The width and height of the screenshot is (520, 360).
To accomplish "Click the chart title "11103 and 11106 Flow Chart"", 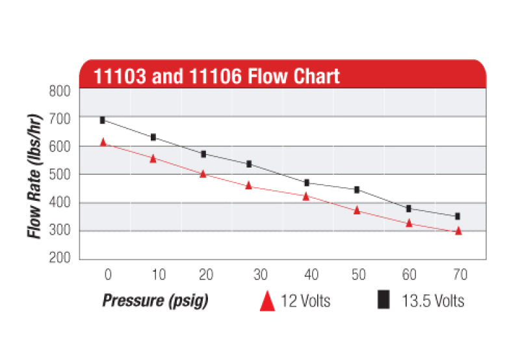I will pyautogui.click(x=216, y=75).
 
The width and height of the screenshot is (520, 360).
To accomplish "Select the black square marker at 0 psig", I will pyautogui.click(x=103, y=120).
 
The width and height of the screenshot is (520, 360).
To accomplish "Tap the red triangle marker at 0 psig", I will pyautogui.click(x=103, y=142).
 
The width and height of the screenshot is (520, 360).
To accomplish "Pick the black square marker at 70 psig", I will pyautogui.click(x=458, y=216).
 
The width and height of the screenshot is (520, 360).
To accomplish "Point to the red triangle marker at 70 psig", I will pyautogui.click(x=458, y=231).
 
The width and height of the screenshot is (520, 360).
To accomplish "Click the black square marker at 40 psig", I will pyautogui.click(x=306, y=183).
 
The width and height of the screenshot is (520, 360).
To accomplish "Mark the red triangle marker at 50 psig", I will pyautogui.click(x=357, y=211).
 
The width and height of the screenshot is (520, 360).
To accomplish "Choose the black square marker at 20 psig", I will pyautogui.click(x=203, y=154).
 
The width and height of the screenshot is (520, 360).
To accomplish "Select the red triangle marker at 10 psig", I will pyautogui.click(x=153, y=159).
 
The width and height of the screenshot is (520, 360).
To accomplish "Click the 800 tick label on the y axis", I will pyautogui.click(x=60, y=90).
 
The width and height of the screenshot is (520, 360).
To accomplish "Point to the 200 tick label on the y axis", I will pyautogui.click(x=60, y=258).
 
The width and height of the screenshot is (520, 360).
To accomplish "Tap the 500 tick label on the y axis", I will pyautogui.click(x=60, y=174).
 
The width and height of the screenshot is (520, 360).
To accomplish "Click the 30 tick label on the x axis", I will pyautogui.click(x=260, y=275).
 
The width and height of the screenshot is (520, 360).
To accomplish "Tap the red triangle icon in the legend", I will pyautogui.click(x=267, y=301).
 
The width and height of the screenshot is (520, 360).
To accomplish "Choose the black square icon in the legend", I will pyautogui.click(x=384, y=300).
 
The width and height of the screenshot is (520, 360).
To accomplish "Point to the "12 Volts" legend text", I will pyautogui.click(x=305, y=301).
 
